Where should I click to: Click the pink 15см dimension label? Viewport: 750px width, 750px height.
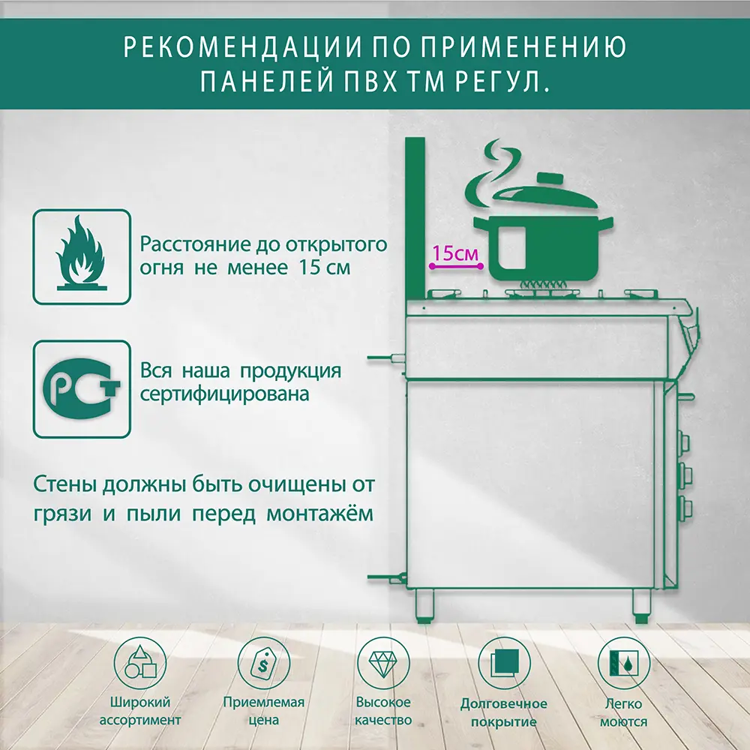(x=455, y=253)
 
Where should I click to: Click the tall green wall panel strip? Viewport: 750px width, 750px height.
(x=415, y=217)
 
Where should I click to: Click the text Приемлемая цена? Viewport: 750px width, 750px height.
(x=264, y=711)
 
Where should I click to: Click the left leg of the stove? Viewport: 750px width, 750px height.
(x=424, y=604)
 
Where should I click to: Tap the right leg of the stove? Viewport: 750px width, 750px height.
(x=641, y=604)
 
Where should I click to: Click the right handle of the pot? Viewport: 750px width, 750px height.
(x=603, y=220)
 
